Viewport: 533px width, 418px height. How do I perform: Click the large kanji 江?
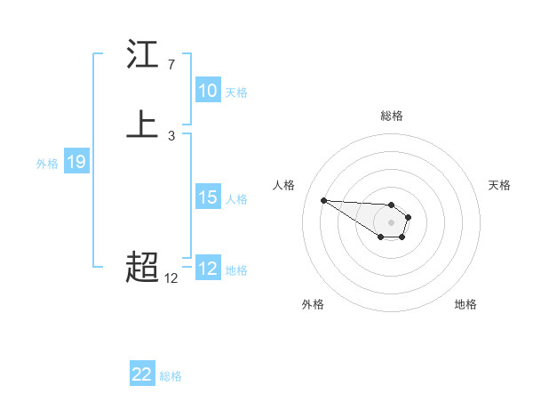pyautogui.click(x=142, y=55)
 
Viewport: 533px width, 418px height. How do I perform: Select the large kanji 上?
pyautogui.click(x=142, y=125)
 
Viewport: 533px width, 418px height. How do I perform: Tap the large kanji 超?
pyautogui.click(x=142, y=266)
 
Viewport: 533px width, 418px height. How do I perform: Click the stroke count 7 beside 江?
pyautogui.click(x=171, y=65)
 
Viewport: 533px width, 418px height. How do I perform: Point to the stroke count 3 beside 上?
pyautogui.click(x=171, y=136)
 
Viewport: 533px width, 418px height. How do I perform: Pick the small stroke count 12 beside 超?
pyautogui.click(x=171, y=278)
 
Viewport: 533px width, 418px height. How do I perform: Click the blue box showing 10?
pyautogui.click(x=208, y=91)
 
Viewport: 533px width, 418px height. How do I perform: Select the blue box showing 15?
pyautogui.click(x=208, y=197)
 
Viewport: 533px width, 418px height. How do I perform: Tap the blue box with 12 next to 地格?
pyautogui.click(x=208, y=269)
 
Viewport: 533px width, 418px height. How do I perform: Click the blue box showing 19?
pyautogui.click(x=76, y=162)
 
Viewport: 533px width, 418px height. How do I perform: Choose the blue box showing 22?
pyautogui.click(x=142, y=374)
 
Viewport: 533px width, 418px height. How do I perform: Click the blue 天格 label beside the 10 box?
pyautogui.click(x=236, y=92)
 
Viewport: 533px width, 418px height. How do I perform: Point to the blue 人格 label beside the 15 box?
pyautogui.click(x=236, y=198)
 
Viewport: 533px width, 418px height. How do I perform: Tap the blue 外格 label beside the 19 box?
pyautogui.click(x=47, y=163)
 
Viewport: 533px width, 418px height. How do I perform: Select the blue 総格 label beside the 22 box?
pyautogui.click(x=171, y=375)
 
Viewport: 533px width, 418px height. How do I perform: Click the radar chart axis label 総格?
pyautogui.click(x=392, y=116)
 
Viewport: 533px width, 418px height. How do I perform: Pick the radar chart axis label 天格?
pyautogui.click(x=499, y=185)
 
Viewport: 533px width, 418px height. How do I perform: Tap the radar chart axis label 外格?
pyautogui.click(x=313, y=304)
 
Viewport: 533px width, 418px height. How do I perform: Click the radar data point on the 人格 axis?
pyautogui.click(x=323, y=200)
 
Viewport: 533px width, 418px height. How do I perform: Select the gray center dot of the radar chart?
pyautogui.click(x=391, y=222)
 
